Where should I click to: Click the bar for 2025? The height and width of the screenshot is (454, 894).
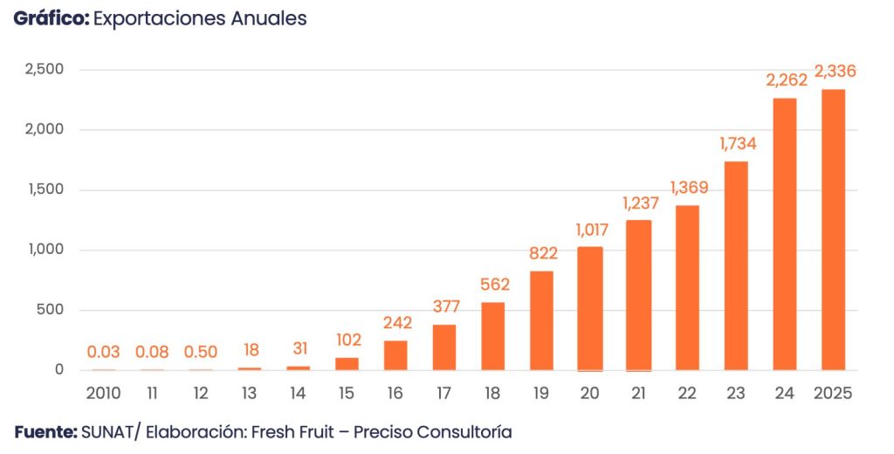[833, 230]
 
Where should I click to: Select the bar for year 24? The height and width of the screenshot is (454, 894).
[784, 234]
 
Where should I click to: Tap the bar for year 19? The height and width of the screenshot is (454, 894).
[541, 320]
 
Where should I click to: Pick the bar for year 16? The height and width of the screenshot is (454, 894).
[395, 354]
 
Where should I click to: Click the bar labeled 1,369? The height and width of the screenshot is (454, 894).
[687, 287]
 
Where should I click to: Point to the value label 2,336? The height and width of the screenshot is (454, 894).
[834, 72]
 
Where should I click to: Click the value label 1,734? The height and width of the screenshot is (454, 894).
[736, 144]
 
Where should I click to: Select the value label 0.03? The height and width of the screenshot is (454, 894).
[103, 352]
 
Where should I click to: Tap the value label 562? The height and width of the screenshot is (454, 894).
[493, 285]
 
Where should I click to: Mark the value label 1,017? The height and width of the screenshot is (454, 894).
[590, 230]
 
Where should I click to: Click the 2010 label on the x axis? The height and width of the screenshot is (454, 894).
[103, 393]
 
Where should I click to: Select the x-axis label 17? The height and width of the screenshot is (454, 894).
[444, 393]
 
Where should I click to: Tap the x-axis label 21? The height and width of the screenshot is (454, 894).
[638, 393]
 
